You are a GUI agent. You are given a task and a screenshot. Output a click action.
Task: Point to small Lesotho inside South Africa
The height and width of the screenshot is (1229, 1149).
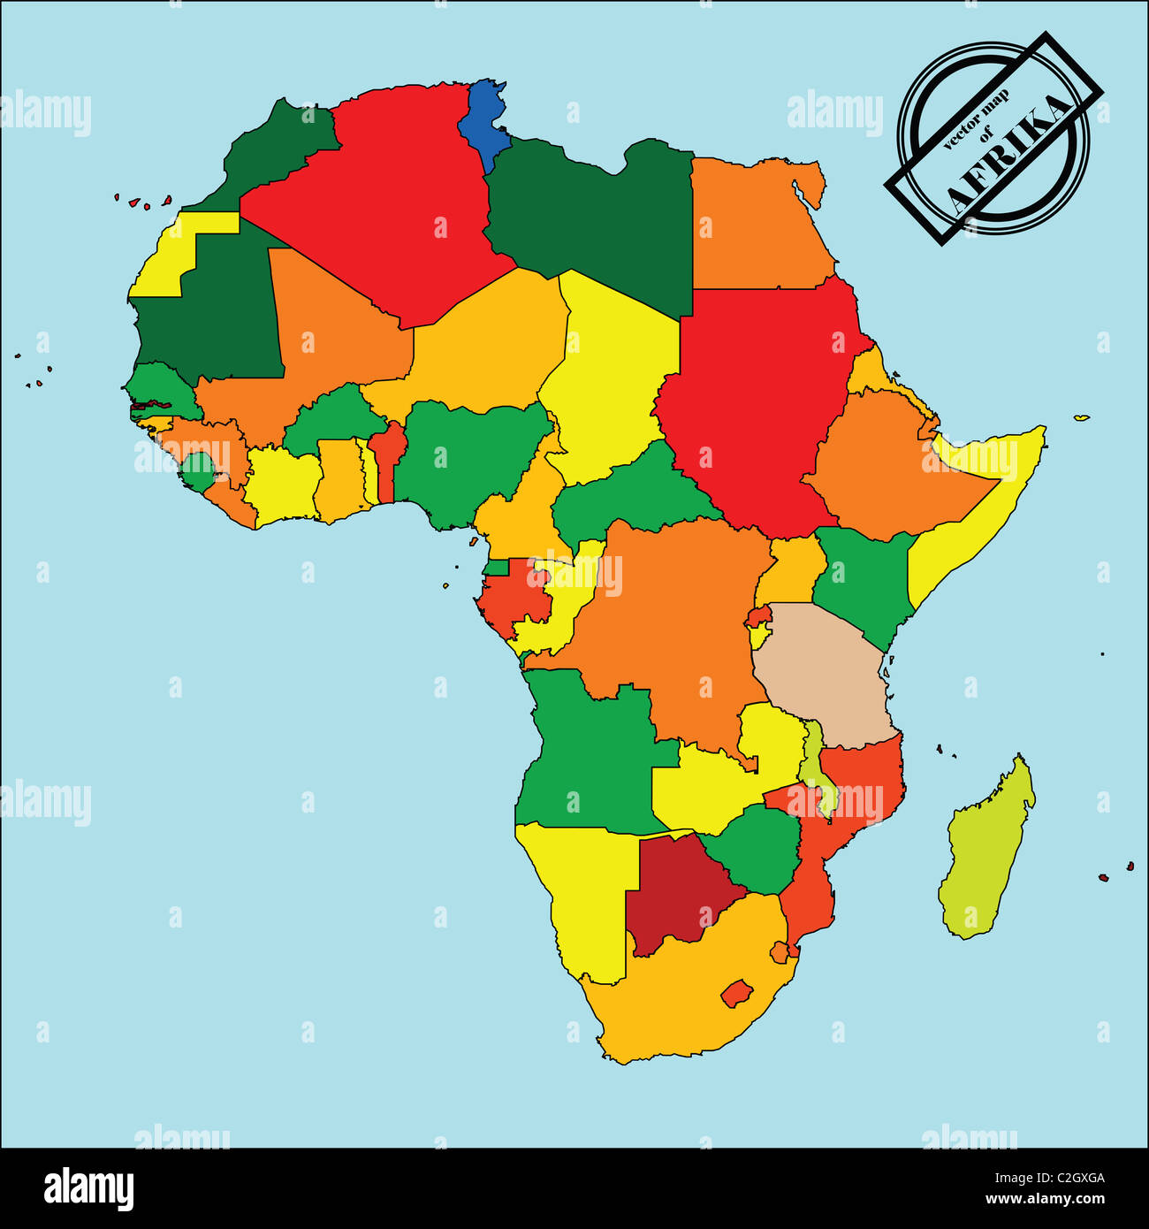736,993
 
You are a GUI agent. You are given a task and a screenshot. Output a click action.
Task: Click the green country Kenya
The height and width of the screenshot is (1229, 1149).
862,579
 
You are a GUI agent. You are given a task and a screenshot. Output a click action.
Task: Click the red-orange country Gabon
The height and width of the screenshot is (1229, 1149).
513,597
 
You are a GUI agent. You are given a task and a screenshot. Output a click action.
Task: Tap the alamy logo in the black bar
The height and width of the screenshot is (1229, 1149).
88,1188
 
